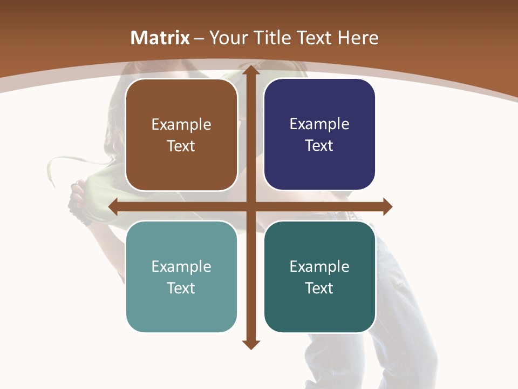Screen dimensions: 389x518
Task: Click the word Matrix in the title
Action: click(x=160, y=38)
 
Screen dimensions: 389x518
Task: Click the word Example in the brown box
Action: click(x=181, y=125)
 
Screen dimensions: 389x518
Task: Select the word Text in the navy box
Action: click(x=319, y=146)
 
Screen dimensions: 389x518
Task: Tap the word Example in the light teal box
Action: click(x=181, y=267)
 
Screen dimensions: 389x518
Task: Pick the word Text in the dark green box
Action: click(x=319, y=288)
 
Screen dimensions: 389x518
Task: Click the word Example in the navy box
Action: click(x=319, y=124)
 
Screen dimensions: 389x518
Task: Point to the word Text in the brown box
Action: click(x=181, y=146)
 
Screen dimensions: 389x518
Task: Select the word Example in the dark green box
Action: click(x=319, y=267)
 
